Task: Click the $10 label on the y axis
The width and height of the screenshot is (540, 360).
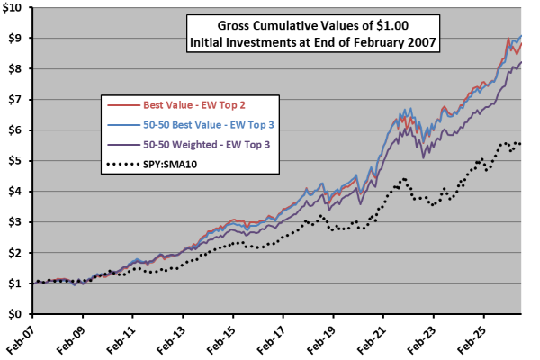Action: click(x=12, y=7)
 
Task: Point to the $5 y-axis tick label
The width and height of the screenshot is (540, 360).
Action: click(x=14, y=161)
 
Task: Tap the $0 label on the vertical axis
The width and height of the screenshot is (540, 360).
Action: click(x=14, y=314)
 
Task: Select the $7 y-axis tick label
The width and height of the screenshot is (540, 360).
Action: click(x=14, y=100)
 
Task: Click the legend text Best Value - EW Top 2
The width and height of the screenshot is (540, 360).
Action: click(x=194, y=105)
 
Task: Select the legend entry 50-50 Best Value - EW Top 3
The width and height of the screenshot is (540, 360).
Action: click(x=209, y=125)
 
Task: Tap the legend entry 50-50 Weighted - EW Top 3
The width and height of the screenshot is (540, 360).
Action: click(x=207, y=144)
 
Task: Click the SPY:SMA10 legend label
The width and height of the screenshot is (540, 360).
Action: click(x=170, y=165)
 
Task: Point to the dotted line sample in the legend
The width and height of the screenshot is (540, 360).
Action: click(x=123, y=165)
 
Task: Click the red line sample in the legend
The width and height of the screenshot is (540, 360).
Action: click(x=123, y=105)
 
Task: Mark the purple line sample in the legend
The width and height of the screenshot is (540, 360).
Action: click(x=123, y=145)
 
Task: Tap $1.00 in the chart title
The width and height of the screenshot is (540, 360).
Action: click(x=392, y=25)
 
